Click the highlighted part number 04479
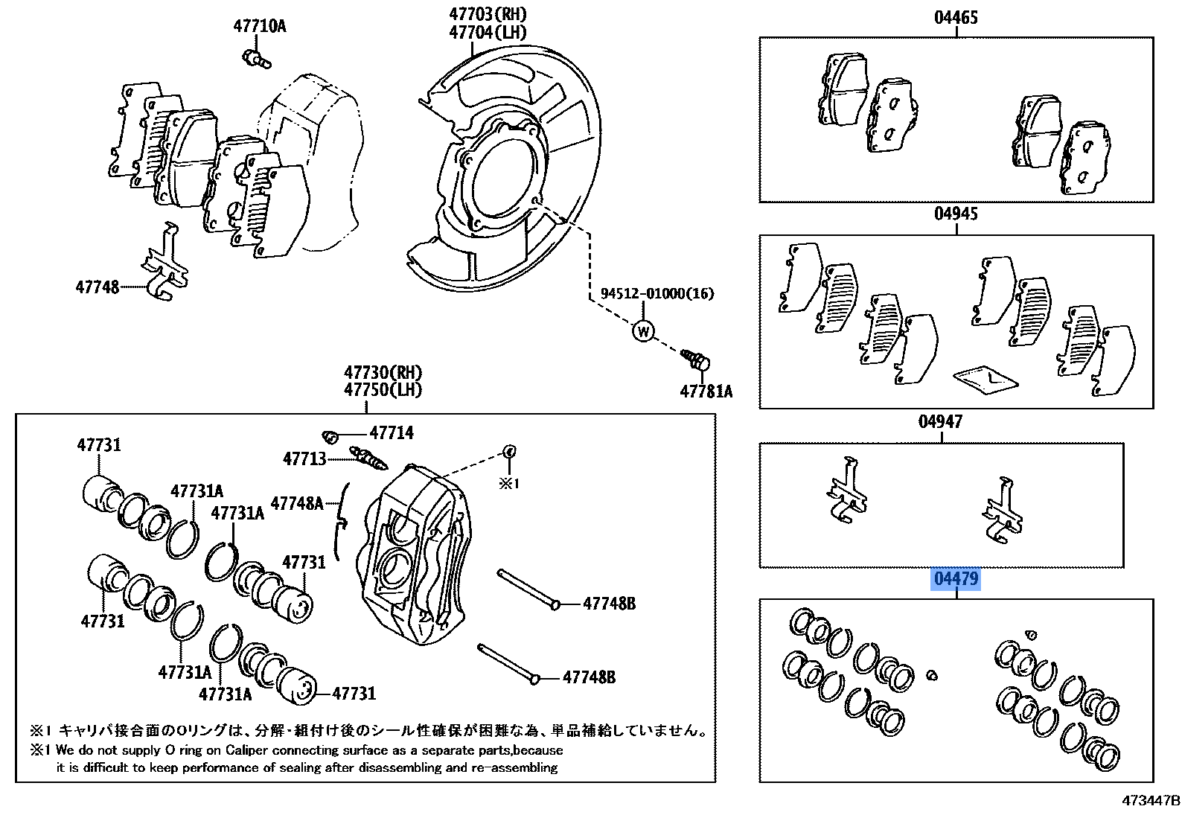[x=956, y=578]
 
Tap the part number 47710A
[x=259, y=27]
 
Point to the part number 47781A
[x=705, y=391]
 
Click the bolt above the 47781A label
[x=697, y=362]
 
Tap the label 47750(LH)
[x=383, y=389]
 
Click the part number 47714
[x=392, y=432]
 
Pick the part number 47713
[x=304, y=458]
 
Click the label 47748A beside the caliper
[x=297, y=503]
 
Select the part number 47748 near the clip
[x=97, y=286]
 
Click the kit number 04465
[x=956, y=18]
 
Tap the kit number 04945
[x=956, y=214]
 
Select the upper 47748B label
[x=609, y=604]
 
